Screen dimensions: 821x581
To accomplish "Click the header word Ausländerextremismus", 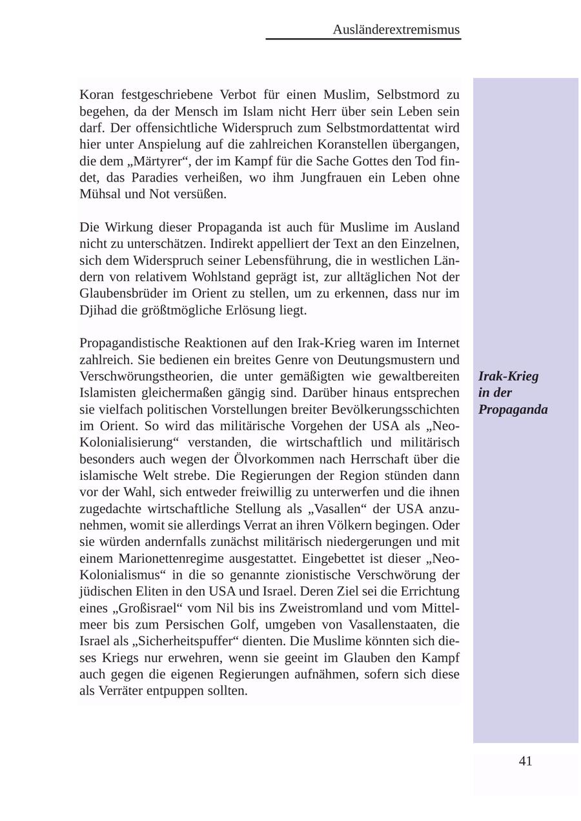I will pos(396,30).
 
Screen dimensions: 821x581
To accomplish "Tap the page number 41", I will pos(525,761).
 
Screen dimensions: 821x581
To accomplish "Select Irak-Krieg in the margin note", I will pos(508,376).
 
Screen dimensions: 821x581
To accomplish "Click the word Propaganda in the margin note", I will pos(513,410).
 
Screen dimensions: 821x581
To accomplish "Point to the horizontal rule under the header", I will pos(363,39).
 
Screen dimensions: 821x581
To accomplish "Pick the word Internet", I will pos(438,342).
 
